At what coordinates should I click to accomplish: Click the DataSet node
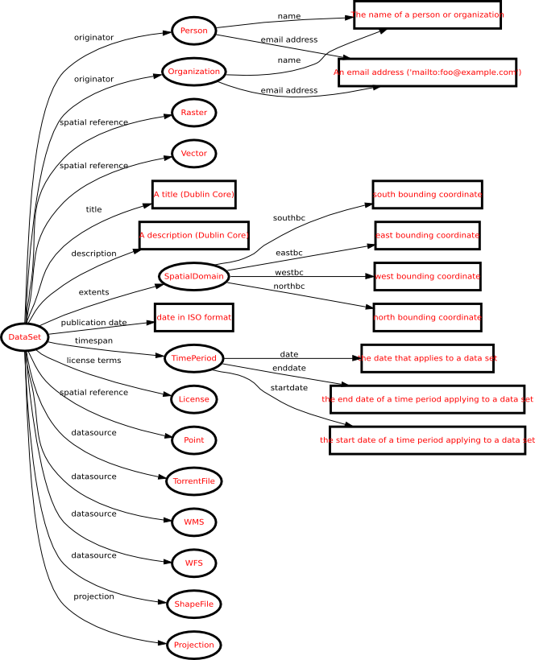[24, 336]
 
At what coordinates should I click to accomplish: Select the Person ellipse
[193, 31]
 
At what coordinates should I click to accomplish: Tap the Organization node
[193, 72]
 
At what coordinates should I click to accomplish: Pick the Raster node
[193, 113]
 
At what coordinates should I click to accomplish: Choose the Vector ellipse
[193, 153]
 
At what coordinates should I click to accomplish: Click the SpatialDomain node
[193, 277]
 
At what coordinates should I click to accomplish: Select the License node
[193, 398]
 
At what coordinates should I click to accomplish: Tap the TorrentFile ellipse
[193, 481]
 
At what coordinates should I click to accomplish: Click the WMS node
[193, 522]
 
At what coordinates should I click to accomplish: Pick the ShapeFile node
[193, 604]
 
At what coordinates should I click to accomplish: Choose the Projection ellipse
[193, 645]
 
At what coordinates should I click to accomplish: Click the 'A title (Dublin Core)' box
[194, 195]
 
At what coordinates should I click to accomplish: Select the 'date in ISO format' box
[193, 317]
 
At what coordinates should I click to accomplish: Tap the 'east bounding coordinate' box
[427, 235]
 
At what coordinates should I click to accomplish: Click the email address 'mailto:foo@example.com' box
[427, 72]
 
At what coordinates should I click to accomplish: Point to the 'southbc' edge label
[288, 218]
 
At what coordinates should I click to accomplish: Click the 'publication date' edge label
[94, 323]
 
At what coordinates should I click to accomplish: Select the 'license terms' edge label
[93, 361]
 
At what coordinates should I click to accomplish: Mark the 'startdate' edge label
[288, 388]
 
